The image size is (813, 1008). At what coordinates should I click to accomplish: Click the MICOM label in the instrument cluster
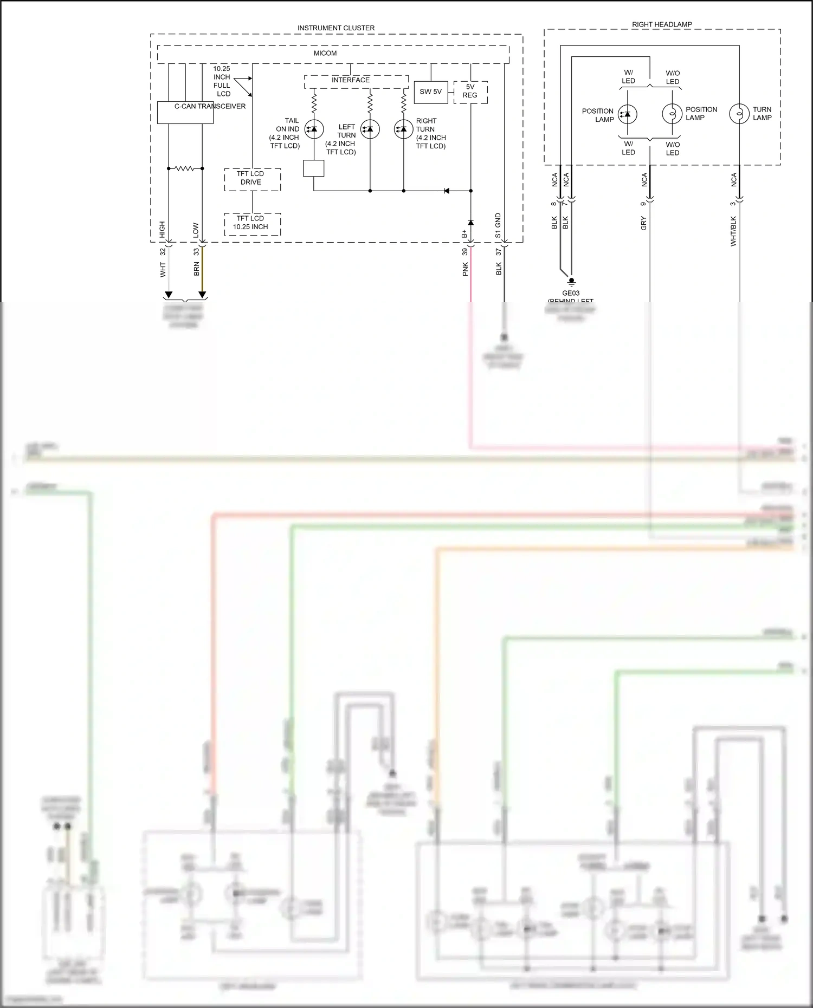[325, 53]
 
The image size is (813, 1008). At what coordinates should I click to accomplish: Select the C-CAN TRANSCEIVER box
[185, 113]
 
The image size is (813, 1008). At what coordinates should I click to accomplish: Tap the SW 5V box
[430, 92]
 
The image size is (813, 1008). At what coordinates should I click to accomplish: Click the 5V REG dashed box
[470, 92]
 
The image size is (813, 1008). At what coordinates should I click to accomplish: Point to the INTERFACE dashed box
[356, 81]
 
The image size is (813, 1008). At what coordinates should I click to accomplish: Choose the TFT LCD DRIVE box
[253, 179]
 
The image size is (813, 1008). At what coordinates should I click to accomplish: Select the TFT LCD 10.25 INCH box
[253, 224]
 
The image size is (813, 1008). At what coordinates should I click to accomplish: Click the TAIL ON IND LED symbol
[314, 129]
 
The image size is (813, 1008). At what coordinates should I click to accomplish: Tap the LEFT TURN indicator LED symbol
[370, 129]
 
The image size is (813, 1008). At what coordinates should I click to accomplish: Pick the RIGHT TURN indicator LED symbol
[403, 129]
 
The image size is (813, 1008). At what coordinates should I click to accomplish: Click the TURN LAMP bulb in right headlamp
[739, 114]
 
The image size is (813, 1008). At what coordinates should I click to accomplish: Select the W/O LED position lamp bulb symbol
[672, 114]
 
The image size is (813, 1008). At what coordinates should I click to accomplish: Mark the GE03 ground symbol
[571, 282]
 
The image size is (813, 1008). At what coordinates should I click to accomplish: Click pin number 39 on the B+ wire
[465, 252]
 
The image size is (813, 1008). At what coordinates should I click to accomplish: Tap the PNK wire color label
[465, 269]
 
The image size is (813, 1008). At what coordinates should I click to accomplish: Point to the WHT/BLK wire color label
[733, 231]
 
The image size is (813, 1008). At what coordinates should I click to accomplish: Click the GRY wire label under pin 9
[644, 223]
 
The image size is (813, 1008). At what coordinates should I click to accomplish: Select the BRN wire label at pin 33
[196, 269]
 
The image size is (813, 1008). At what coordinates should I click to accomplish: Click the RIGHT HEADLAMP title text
[662, 24]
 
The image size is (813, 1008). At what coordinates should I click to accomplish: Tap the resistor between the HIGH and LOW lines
[185, 168]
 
